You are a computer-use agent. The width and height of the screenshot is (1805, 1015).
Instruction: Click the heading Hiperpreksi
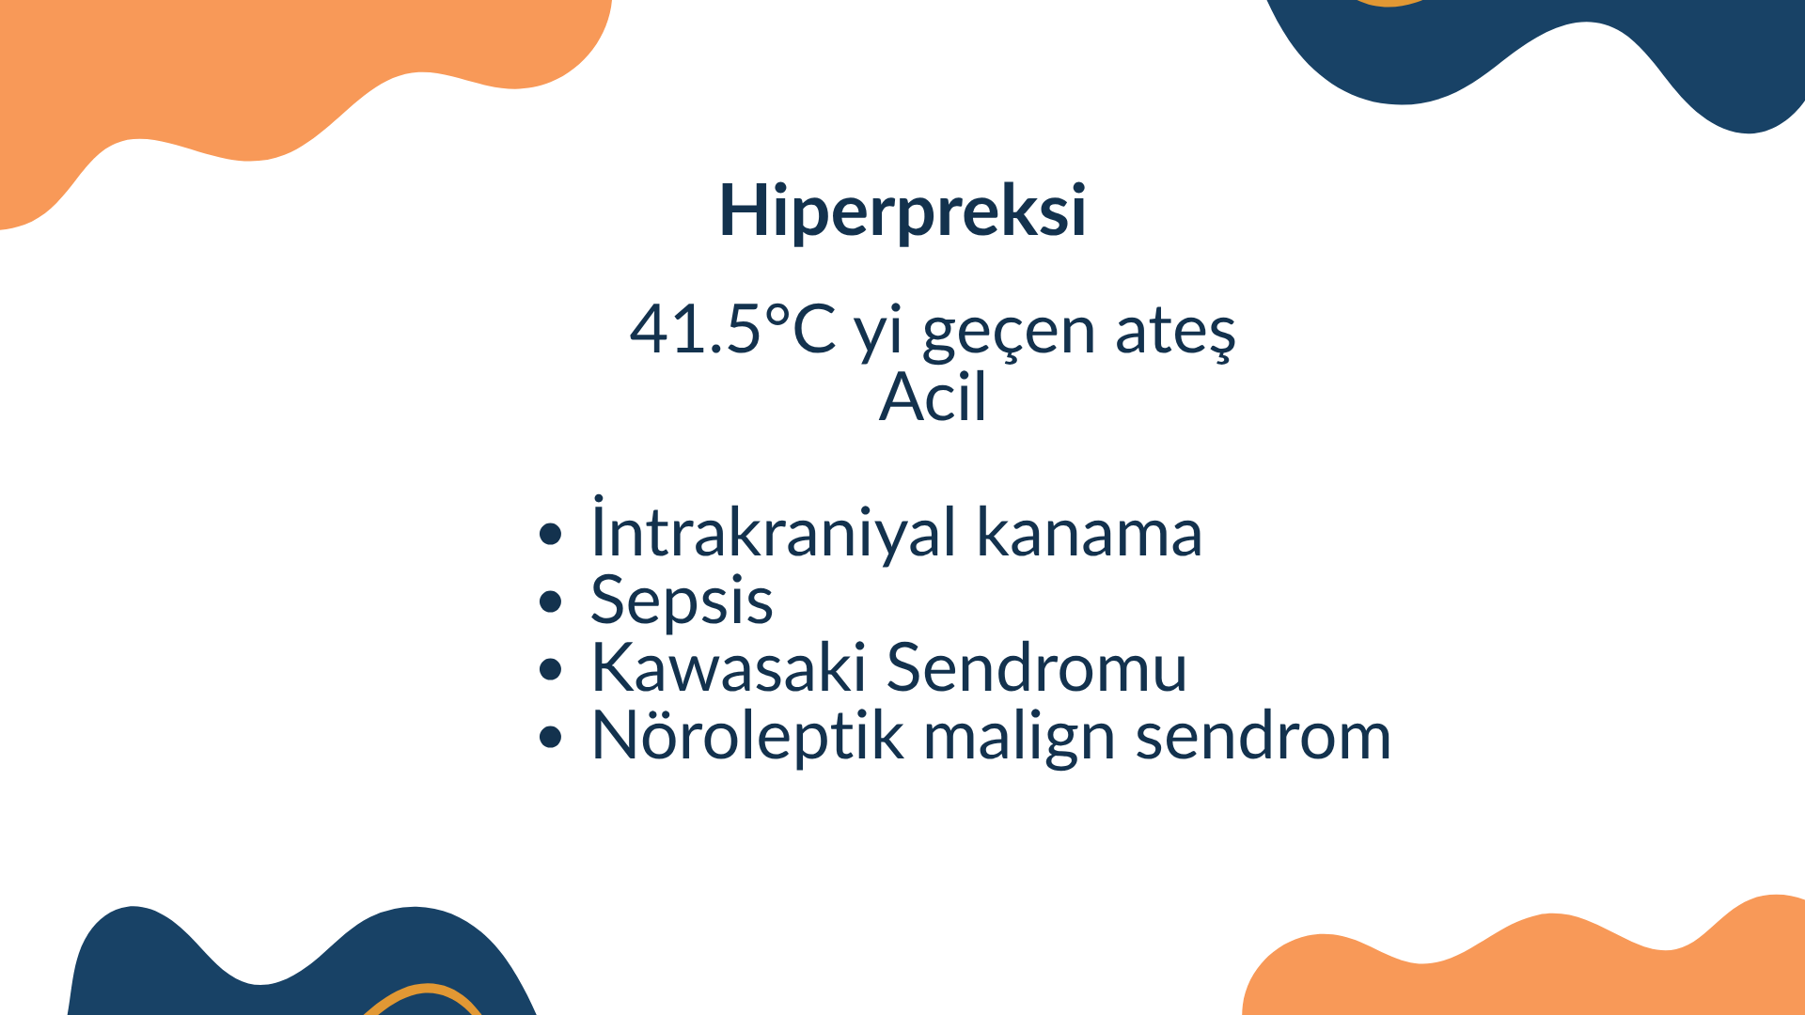tap(902, 211)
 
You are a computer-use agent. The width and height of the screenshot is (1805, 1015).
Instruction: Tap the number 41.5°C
tap(732, 330)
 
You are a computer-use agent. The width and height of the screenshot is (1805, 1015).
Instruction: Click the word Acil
tap(933, 397)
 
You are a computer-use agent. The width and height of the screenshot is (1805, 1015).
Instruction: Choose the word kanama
tap(1090, 532)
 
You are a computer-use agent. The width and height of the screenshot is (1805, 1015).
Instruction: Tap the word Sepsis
tap(682, 601)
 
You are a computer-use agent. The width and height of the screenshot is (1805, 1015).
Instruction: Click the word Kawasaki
tap(729, 667)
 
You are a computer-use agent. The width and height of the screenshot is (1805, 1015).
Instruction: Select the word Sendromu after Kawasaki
tap(1037, 667)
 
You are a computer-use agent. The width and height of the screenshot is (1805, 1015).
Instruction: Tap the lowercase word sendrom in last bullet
tap(1263, 735)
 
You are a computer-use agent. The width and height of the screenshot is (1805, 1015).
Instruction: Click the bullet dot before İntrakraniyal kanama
tap(551, 535)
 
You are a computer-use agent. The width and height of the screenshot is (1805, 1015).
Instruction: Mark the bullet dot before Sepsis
tap(551, 602)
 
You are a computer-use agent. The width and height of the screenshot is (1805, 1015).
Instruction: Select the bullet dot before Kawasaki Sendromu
tap(551, 670)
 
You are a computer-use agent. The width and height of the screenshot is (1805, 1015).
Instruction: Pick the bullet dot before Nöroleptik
tap(551, 738)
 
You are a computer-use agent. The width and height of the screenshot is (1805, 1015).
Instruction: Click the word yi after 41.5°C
tap(878, 335)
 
